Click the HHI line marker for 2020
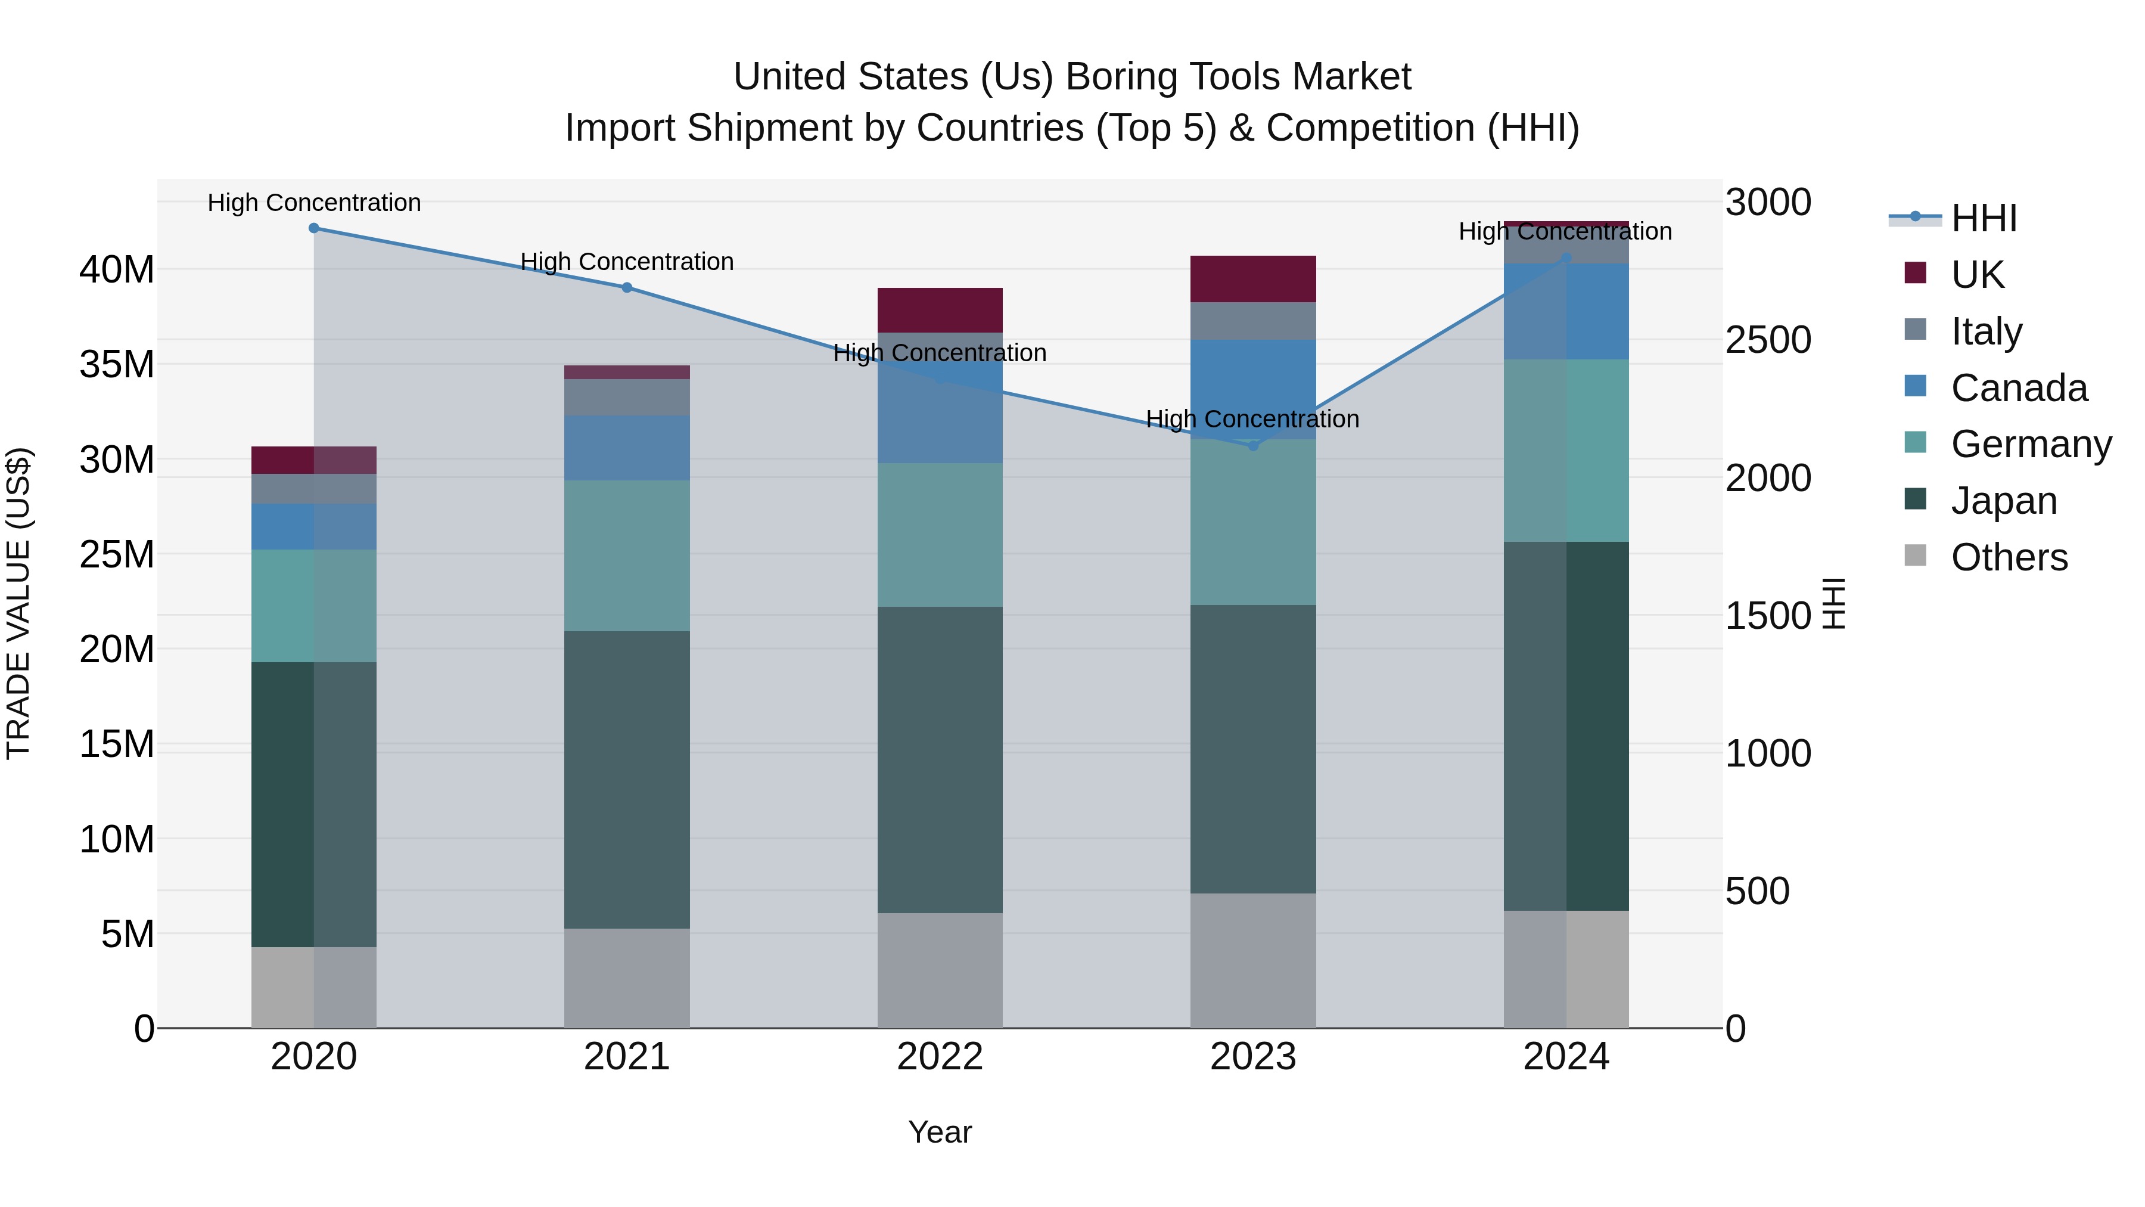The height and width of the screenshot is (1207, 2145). pos(314,228)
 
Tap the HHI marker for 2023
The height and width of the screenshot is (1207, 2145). pos(1253,446)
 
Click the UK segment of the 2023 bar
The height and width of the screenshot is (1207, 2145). pos(1253,279)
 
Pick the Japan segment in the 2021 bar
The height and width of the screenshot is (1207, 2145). pos(627,779)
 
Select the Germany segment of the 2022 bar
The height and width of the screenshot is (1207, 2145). pos(940,535)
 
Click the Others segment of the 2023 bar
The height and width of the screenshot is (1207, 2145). pos(1253,960)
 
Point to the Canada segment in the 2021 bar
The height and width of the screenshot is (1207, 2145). pos(627,448)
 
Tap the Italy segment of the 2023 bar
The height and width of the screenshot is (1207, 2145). pos(1253,321)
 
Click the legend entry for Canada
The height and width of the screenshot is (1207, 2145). pos(2019,388)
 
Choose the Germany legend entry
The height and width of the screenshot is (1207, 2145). pos(2030,444)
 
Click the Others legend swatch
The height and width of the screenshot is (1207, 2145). pos(1915,556)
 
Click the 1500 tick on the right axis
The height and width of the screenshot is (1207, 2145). pos(1768,616)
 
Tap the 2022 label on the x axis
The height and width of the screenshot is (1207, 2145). pos(940,1057)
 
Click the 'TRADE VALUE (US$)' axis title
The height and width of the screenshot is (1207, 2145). pos(18,603)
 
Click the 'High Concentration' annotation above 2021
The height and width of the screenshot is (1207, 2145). pos(627,262)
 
